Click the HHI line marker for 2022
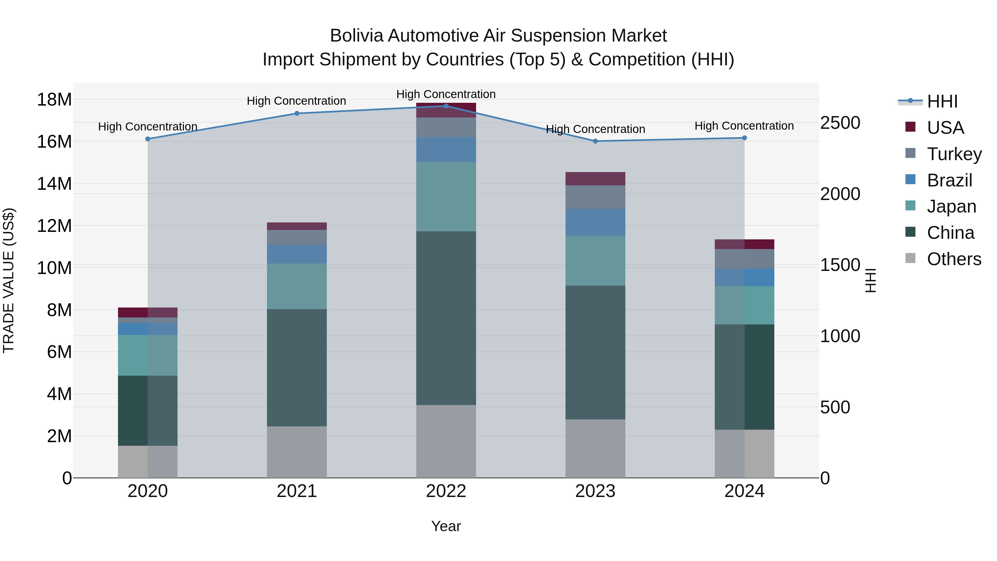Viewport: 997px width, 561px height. click(x=446, y=106)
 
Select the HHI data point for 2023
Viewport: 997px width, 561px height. click(x=595, y=141)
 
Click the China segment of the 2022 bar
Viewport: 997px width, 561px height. click(x=446, y=318)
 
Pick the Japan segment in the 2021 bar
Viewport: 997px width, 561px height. click(x=297, y=286)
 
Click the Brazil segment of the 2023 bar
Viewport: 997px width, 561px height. click(x=595, y=223)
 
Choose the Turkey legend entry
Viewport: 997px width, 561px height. click(x=954, y=154)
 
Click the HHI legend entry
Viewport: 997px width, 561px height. click(x=942, y=101)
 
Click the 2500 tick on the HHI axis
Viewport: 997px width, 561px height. click(x=840, y=123)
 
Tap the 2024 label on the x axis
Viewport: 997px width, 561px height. click(x=744, y=491)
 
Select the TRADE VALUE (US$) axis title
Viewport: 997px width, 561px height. click(x=9, y=280)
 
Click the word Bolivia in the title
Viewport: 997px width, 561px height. click(x=356, y=36)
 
